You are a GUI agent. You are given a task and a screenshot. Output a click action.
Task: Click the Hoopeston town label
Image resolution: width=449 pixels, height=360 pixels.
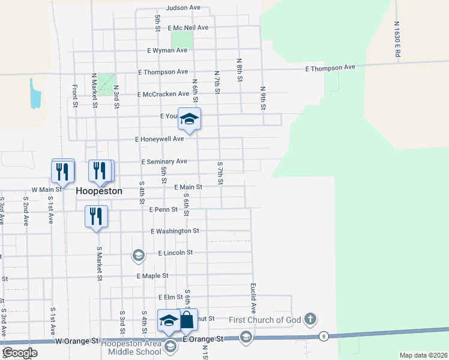pos(99,191)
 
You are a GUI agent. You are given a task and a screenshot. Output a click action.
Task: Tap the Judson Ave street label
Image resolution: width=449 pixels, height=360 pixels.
pos(183,8)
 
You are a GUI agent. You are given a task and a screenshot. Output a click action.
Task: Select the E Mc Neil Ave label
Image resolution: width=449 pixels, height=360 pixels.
pos(188,28)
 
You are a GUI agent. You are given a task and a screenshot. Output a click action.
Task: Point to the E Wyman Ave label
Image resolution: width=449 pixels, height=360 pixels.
pos(167,50)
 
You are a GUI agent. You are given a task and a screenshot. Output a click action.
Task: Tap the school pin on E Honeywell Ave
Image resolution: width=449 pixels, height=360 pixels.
pos(189,119)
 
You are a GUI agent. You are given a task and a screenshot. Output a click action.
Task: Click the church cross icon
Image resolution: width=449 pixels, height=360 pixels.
pos(310,318)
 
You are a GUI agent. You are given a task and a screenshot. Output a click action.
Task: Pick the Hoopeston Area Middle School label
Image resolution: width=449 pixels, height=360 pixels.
pos(131,347)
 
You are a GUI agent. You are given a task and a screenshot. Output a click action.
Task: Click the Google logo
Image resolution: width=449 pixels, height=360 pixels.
pos(20,353)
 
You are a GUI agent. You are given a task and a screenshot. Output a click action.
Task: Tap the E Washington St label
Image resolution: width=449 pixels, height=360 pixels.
pos(175,231)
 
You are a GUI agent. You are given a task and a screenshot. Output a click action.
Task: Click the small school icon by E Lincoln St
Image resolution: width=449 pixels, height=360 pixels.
pos(139,256)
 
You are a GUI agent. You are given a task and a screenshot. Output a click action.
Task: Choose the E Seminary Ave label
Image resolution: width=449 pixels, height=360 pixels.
pos(164,161)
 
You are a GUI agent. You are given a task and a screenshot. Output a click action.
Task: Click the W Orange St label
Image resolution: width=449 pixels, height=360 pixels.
pos(77,341)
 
